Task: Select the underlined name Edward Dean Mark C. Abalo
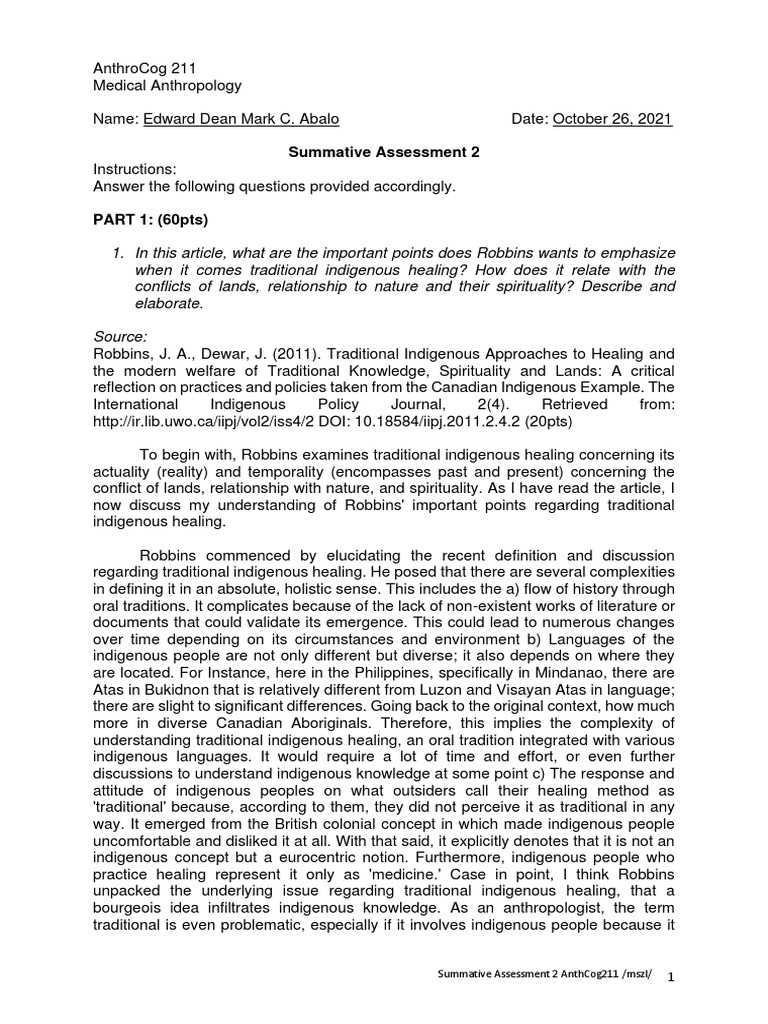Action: click(x=241, y=119)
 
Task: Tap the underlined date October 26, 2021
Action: click(x=612, y=119)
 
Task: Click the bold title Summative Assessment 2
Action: click(x=384, y=152)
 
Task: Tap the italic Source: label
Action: click(x=119, y=337)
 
